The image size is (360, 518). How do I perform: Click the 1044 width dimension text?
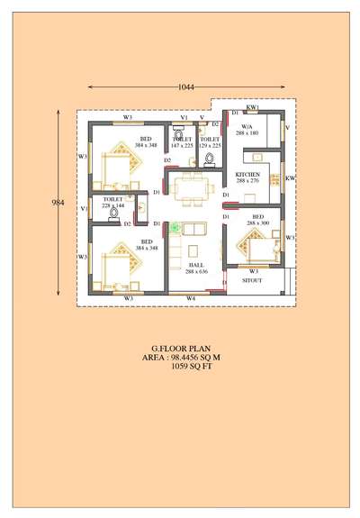[187, 86]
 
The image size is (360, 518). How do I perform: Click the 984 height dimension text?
[58, 203]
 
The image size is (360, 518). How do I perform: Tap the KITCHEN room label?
[247, 174]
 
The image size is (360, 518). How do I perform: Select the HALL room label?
[196, 265]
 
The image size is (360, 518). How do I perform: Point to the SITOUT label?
[253, 280]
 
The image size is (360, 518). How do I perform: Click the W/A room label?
[247, 127]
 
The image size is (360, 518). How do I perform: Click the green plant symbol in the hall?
[176, 229]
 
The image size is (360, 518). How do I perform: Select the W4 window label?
[191, 296]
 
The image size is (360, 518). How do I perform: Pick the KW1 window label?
[252, 107]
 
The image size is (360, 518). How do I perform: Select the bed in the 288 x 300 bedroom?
[249, 243]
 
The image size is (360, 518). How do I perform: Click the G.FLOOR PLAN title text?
[178, 348]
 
